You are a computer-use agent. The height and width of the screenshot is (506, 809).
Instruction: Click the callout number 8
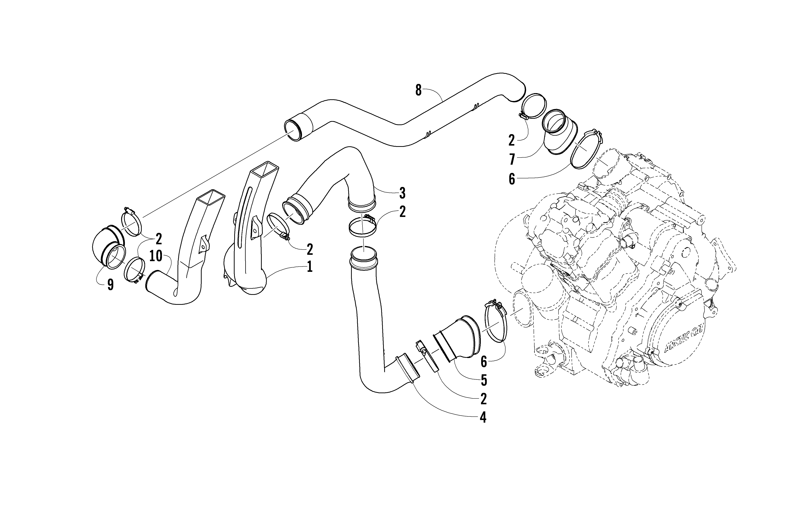pyautogui.click(x=418, y=90)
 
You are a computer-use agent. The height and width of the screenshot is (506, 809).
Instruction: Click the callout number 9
pyautogui.click(x=110, y=285)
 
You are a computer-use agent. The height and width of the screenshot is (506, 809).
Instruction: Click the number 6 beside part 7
pyautogui.click(x=512, y=179)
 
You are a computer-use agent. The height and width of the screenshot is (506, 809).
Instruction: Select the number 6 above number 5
pyautogui.click(x=484, y=361)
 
